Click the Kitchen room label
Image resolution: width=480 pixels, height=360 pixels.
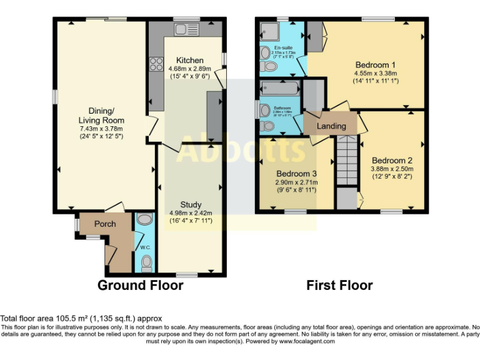(190, 60)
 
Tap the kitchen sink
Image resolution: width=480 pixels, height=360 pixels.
(186, 29)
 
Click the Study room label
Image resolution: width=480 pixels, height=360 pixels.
(191, 204)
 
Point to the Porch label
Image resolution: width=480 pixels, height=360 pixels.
(105, 224)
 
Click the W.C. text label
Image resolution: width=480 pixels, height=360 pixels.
(145, 247)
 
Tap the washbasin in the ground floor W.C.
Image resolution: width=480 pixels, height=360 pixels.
(144, 219)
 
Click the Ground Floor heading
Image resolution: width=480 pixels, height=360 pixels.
(141, 286)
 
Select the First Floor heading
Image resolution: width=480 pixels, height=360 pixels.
(339, 286)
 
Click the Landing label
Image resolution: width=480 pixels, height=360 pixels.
(331, 126)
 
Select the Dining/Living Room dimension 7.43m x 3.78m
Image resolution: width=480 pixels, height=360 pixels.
(101, 129)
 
